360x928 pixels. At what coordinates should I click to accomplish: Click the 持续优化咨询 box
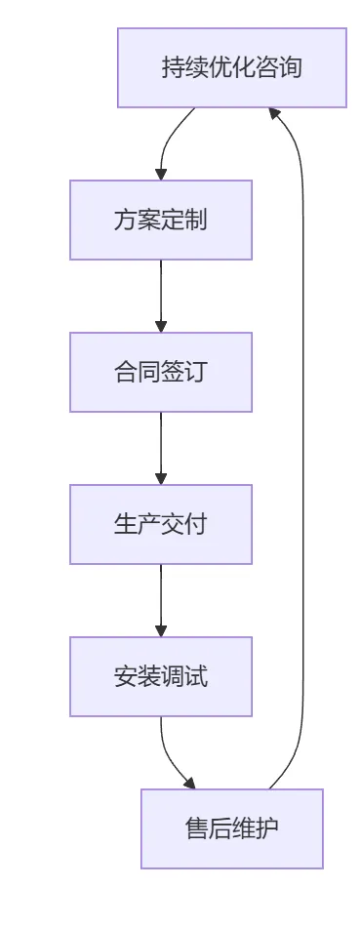click(231, 67)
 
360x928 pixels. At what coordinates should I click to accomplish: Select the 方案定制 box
click(160, 220)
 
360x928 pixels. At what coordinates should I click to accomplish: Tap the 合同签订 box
click(160, 372)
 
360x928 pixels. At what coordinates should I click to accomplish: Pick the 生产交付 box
click(160, 524)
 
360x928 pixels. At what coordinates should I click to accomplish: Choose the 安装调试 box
click(160, 676)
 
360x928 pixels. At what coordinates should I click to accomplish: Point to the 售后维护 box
click(231, 828)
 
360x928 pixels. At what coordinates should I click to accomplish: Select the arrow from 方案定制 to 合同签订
click(161, 296)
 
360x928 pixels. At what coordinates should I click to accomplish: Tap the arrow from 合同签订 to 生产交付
click(161, 448)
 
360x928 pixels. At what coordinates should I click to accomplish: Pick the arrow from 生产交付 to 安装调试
click(161, 600)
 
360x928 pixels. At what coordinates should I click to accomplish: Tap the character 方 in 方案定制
click(125, 221)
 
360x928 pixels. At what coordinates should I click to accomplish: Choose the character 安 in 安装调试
click(125, 677)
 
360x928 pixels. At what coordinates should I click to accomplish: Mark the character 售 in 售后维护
click(196, 829)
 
